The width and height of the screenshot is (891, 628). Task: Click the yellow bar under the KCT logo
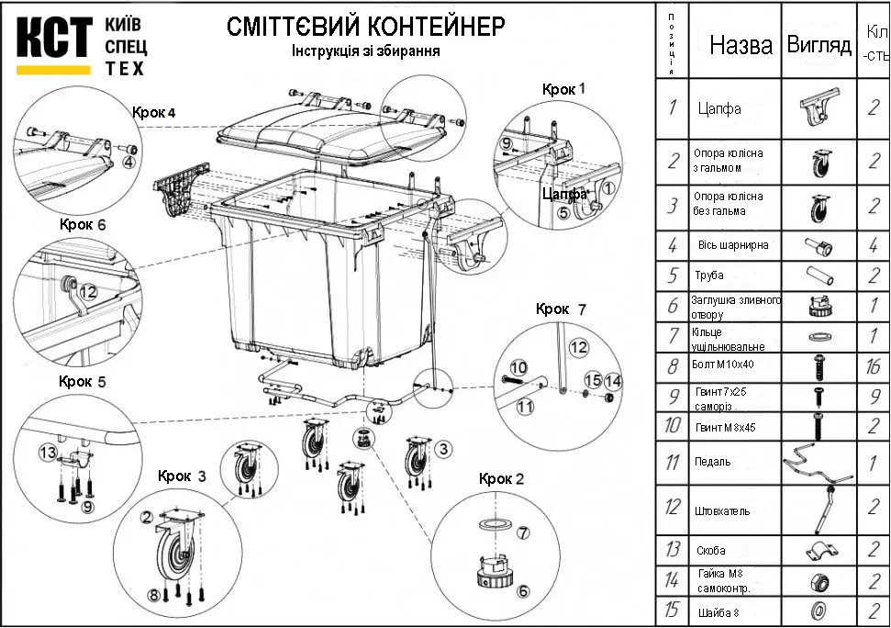[54, 69]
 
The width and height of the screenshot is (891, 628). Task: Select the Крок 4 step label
[153, 112]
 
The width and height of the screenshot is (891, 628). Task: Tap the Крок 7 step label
[561, 308]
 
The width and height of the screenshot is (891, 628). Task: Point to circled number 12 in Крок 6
[88, 291]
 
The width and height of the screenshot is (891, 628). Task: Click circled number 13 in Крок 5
[48, 452]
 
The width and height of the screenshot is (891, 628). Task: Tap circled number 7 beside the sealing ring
[523, 533]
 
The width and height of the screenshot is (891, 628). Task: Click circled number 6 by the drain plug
[523, 590]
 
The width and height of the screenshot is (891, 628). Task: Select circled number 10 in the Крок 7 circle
[518, 367]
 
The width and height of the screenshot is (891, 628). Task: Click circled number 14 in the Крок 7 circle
[612, 380]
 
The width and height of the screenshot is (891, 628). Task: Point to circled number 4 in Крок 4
[129, 162]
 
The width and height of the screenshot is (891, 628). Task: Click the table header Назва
[741, 46]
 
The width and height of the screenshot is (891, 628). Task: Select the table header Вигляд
[819, 46]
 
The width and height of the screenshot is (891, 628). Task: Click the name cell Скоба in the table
[711, 551]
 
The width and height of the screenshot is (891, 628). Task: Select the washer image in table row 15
[819, 609]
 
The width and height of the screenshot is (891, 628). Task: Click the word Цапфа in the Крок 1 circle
[563, 195]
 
